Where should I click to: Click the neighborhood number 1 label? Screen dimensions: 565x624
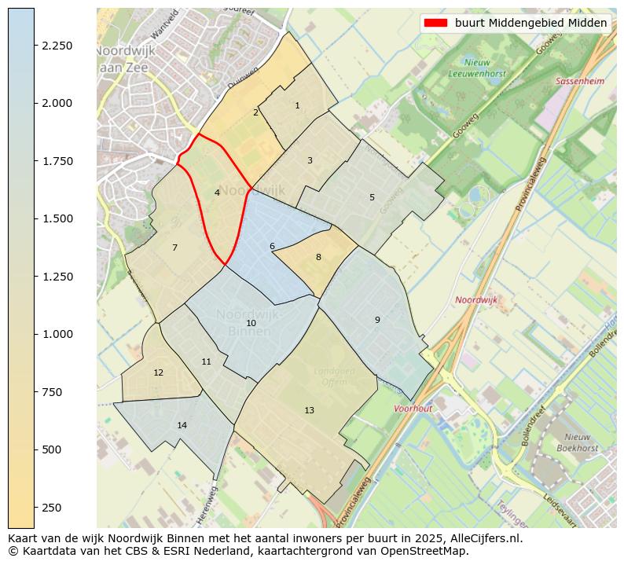coord(297,105)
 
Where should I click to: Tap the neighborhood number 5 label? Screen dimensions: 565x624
coord(372,197)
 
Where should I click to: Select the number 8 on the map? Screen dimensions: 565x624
coord(318,257)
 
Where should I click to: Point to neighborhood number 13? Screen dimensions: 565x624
coord(309,410)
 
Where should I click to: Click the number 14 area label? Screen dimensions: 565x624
coord(182,425)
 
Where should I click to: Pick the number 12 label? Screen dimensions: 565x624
coord(158,372)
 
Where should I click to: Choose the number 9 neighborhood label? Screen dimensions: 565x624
coord(377,320)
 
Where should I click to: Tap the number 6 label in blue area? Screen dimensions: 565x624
coord(272,246)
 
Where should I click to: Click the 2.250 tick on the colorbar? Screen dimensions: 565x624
coord(57,46)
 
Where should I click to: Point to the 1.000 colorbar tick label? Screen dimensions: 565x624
coord(57,334)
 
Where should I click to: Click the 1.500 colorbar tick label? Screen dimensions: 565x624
coord(57,218)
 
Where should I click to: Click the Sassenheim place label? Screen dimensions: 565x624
coord(579,81)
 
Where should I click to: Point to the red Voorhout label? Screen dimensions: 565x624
coord(413,409)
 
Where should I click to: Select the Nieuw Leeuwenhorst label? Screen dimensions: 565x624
coord(477,68)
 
